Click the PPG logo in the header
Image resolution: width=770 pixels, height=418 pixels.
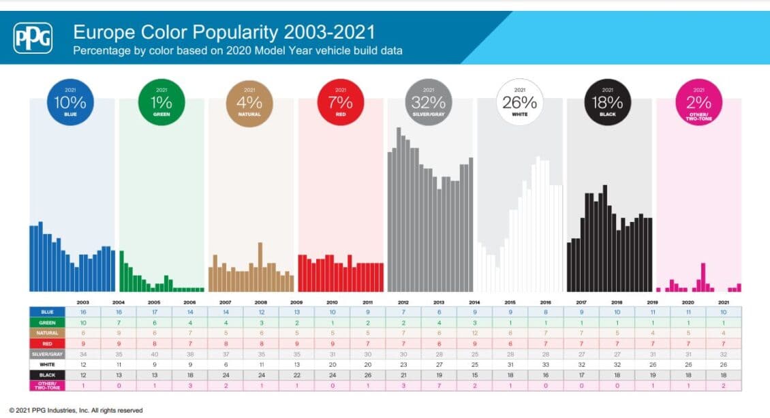(33, 38)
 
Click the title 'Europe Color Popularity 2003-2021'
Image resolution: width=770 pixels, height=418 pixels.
(224, 31)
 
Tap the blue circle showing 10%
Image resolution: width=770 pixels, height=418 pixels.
(70, 102)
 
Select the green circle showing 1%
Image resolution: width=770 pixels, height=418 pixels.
(161, 102)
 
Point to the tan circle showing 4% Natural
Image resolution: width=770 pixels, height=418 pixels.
(250, 102)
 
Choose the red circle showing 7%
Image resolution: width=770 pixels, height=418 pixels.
(340, 102)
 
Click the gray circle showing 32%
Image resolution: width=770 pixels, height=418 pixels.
(429, 102)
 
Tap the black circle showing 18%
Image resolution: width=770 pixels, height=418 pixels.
(608, 102)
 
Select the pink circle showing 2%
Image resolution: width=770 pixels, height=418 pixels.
(698, 102)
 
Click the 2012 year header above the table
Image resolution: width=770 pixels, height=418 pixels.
(403, 301)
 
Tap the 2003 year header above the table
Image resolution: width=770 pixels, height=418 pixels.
(83, 301)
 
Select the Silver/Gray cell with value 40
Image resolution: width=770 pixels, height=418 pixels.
(155, 355)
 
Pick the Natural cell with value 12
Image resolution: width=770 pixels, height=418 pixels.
(476, 333)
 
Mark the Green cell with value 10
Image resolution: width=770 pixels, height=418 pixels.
(83, 322)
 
